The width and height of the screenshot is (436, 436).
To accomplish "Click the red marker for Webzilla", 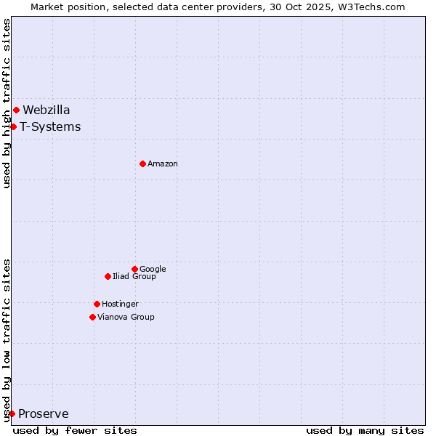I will pyautogui.click(x=16, y=110).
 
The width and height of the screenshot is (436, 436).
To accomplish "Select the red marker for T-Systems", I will pyautogui.click(x=13, y=127).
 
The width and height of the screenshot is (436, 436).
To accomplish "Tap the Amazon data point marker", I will pyautogui.click(x=142, y=163).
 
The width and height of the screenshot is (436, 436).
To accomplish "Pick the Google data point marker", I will pyautogui.click(x=134, y=269).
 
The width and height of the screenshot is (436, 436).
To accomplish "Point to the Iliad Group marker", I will pyautogui.click(x=108, y=276).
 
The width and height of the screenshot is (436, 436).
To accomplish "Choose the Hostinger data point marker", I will pyautogui.click(x=97, y=304).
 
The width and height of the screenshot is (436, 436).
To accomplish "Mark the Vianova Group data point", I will pyautogui.click(x=92, y=317).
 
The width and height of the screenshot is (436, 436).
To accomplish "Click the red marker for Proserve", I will pyautogui.click(x=12, y=414).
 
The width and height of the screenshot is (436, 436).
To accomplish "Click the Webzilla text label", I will pyautogui.click(x=47, y=110).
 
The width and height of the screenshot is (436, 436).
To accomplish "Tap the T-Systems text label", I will pyautogui.click(x=50, y=127).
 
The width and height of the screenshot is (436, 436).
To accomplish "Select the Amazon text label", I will pyautogui.click(x=163, y=164).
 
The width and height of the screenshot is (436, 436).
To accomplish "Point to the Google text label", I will pyautogui.click(x=153, y=270).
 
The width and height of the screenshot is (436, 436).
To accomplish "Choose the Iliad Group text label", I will pyautogui.click(x=134, y=277).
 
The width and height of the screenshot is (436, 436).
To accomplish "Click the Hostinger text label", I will pyautogui.click(x=120, y=304).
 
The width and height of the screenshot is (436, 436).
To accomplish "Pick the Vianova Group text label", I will pyautogui.click(x=126, y=318).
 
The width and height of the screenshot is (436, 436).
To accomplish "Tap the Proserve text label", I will pyautogui.click(x=44, y=414).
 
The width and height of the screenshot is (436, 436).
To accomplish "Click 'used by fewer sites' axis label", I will pyautogui.click(x=75, y=430).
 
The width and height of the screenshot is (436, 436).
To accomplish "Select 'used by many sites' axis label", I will pyautogui.click(x=365, y=430).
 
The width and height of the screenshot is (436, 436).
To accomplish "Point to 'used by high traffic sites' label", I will pyautogui.click(x=7, y=103).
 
